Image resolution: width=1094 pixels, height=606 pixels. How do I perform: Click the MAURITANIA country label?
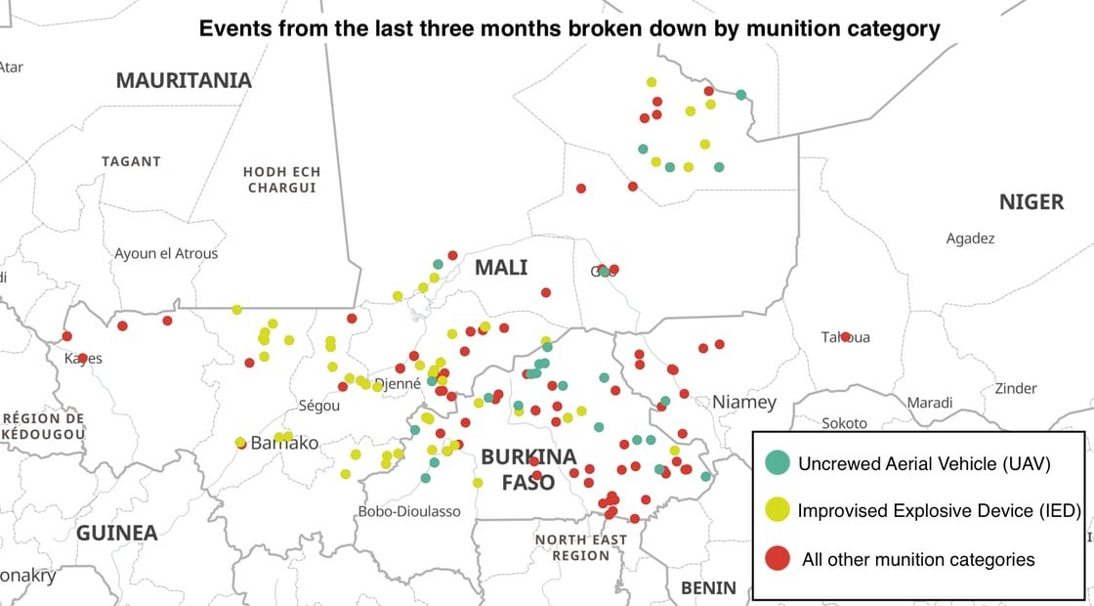coord(184,80)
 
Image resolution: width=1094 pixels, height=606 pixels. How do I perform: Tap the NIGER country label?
coord(1031,202)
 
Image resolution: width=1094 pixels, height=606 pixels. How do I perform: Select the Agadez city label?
coord(970,238)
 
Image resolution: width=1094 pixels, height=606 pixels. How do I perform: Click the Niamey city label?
coord(744,402)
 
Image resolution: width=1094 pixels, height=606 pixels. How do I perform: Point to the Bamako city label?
coord(284,443)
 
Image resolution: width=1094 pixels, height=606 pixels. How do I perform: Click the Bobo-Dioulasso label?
coord(409,511)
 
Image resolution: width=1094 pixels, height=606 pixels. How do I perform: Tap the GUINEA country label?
coord(117,533)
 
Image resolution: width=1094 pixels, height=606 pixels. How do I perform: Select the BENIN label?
coord(708,587)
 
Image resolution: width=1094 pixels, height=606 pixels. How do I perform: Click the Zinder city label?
coord(1016,388)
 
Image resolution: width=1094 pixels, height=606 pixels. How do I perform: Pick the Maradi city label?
coord(929,403)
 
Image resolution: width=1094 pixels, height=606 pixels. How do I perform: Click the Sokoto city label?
coord(844,423)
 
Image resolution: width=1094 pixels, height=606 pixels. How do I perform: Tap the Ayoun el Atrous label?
coord(166,253)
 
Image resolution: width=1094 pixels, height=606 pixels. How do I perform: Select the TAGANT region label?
coord(131,160)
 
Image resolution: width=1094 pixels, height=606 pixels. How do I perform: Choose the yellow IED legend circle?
coord(778,509)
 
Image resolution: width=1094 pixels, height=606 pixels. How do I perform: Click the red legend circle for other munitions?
coord(778,559)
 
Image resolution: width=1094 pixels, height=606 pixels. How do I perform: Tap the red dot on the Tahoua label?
coord(845,337)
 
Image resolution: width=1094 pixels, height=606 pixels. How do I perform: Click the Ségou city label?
coord(318,406)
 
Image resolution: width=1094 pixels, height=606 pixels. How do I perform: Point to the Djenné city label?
coord(398,384)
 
